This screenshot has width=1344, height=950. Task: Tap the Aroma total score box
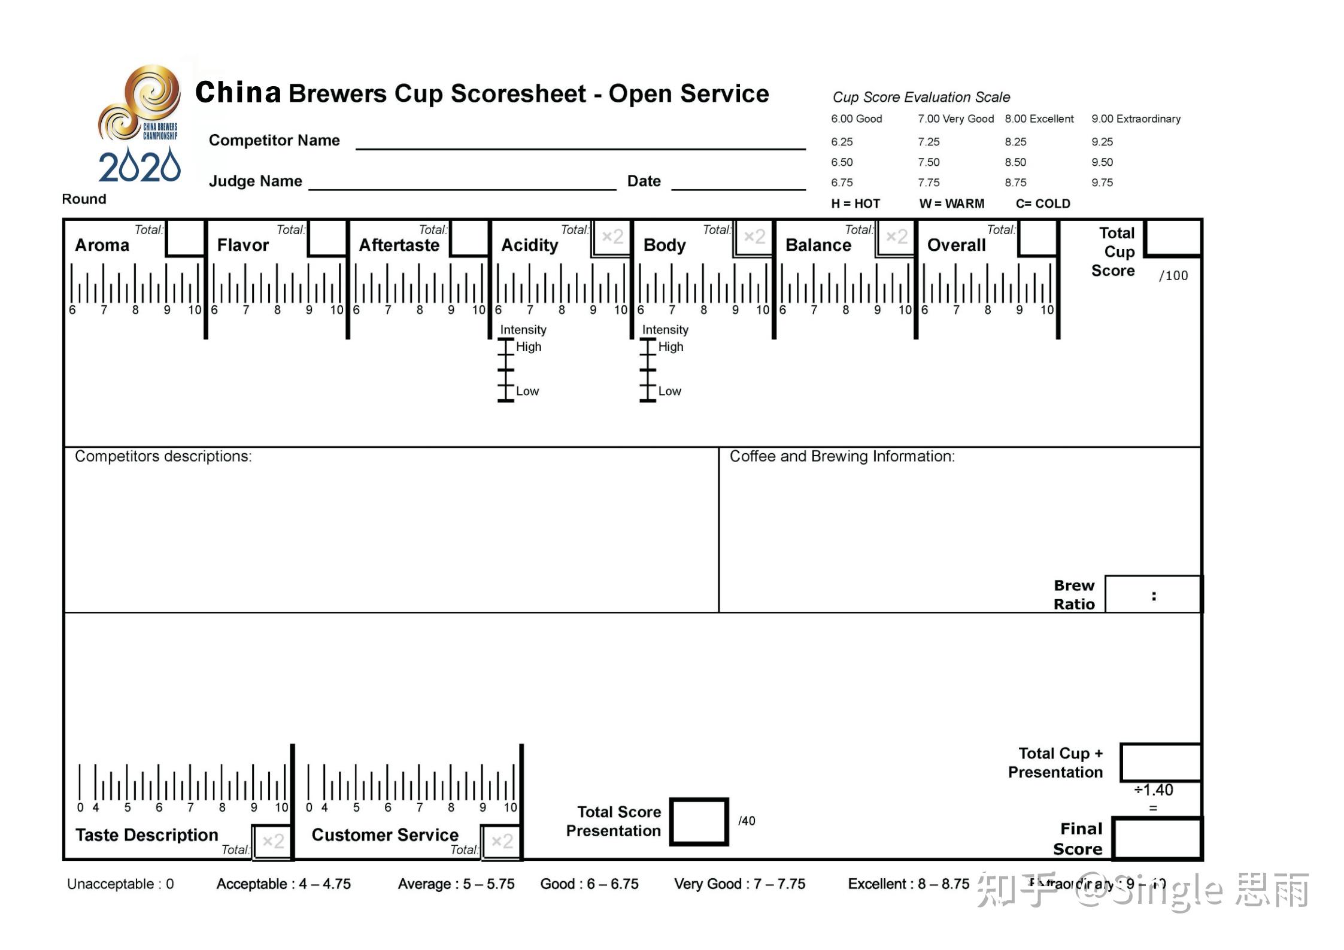pos(185,238)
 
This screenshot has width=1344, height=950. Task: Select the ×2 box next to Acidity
pos(612,238)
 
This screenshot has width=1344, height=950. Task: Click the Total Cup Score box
pos(1172,238)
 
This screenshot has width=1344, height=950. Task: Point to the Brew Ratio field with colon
pos(1153,595)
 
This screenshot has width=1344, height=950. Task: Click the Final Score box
pos(1157,839)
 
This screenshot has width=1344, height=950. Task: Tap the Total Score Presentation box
pos(699,821)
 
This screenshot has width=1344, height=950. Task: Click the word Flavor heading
pos(242,245)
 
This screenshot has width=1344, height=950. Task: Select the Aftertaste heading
pos(399,245)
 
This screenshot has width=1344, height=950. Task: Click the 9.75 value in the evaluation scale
pos(1102,183)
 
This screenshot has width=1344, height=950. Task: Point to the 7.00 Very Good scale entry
pos(955,119)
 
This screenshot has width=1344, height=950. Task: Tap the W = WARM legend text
pos(951,204)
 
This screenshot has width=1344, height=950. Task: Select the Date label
pos(644,181)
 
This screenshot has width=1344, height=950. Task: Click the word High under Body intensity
pos(671,347)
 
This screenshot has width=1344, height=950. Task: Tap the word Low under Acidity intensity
pos(527,391)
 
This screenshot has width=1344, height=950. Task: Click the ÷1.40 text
pos(1154,790)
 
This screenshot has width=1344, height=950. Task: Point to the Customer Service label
pos(385,835)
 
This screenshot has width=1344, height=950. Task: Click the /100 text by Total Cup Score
pos(1173,276)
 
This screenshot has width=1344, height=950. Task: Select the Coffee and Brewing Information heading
pos(842,457)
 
